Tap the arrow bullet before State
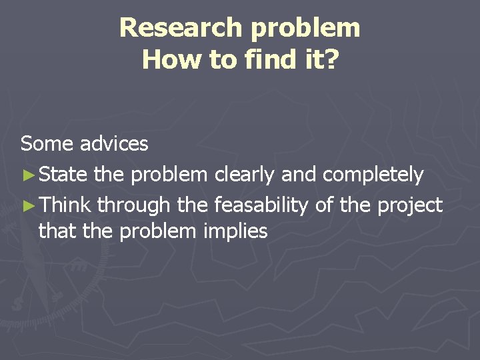[28, 175]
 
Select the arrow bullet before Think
[28, 206]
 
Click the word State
[63, 175]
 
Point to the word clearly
[244, 175]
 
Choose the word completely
[373, 175]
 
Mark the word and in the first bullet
[299, 175]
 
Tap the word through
[133, 206]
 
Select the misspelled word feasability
[261, 206]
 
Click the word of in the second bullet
[324, 205]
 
